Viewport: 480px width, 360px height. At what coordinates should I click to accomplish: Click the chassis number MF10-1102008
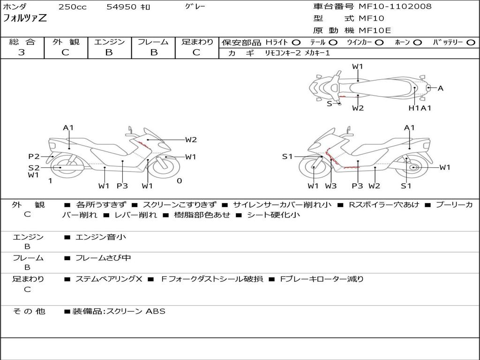(395, 7)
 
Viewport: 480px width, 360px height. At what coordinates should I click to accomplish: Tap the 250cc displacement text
(72, 7)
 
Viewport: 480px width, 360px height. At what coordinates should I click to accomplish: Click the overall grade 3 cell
(22, 52)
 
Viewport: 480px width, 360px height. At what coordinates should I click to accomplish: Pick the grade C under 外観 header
(65, 52)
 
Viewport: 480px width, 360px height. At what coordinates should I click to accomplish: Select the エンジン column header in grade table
(109, 42)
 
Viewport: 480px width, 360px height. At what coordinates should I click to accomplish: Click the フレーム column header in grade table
(153, 42)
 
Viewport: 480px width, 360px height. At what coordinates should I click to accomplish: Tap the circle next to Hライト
(296, 43)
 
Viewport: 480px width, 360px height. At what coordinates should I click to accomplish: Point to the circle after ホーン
(417, 43)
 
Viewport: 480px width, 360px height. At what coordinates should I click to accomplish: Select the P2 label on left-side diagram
(34, 157)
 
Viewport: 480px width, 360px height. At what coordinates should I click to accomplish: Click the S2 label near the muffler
(34, 167)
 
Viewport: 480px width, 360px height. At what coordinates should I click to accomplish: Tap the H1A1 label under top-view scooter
(420, 108)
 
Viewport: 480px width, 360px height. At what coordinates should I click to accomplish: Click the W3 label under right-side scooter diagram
(331, 186)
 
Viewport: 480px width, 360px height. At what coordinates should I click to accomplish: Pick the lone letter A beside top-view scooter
(440, 88)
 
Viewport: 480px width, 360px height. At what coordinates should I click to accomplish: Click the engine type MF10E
(375, 31)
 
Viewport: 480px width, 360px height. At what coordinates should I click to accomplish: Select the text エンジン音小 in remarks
(101, 237)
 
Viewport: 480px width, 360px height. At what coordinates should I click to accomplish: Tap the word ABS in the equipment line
(156, 311)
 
